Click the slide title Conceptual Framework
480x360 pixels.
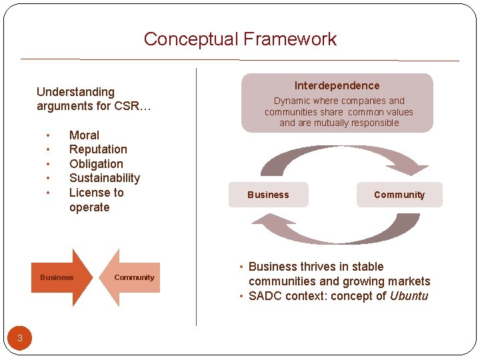pos(240,39)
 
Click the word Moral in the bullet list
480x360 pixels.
pos(84,135)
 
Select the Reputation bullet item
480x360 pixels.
pos(98,149)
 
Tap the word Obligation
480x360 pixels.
pos(96,164)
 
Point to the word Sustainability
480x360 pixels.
pos(105,178)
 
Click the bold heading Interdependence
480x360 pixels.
pos(337,86)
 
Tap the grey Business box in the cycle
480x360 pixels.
pos(268,195)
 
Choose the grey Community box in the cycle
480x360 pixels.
pos(399,195)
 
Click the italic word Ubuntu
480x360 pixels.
pos(409,296)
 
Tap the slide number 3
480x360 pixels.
pos(20,338)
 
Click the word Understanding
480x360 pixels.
pos(75,92)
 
